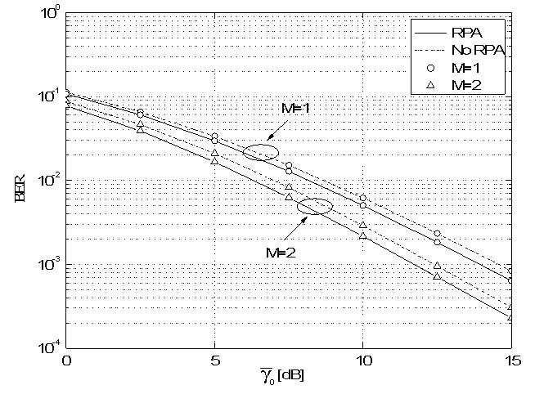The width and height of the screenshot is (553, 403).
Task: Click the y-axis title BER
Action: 20,187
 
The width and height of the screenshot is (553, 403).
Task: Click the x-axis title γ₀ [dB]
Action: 282,375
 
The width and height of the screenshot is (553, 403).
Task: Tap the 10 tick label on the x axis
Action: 363,360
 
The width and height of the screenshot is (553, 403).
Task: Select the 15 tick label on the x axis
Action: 512,360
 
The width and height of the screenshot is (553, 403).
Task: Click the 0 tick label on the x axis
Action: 66,360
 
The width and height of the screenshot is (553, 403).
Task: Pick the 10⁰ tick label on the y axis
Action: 52,12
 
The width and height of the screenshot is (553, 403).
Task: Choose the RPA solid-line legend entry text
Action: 466,33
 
